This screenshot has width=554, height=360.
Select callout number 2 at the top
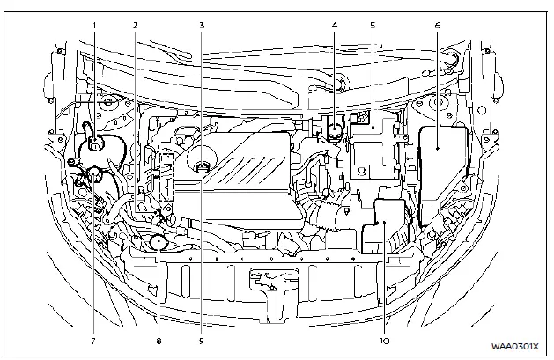[135, 26]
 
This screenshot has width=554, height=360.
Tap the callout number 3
[202, 26]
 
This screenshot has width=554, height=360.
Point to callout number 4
[335, 26]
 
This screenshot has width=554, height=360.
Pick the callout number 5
[373, 26]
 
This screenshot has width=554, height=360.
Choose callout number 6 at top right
[438, 26]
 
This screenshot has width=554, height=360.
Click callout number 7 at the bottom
[92, 338]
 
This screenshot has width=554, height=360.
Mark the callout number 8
[159, 338]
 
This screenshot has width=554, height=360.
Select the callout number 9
[202, 338]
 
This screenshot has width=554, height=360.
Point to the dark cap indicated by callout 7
[88, 175]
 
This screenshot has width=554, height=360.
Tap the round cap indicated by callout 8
[159, 240]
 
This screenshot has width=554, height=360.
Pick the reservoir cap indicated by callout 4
[335, 133]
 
